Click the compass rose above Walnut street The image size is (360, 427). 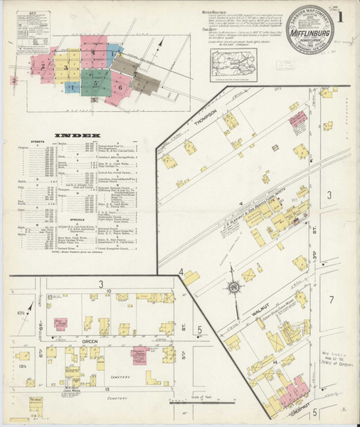(233, 288)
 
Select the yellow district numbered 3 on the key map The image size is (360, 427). (66, 68)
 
